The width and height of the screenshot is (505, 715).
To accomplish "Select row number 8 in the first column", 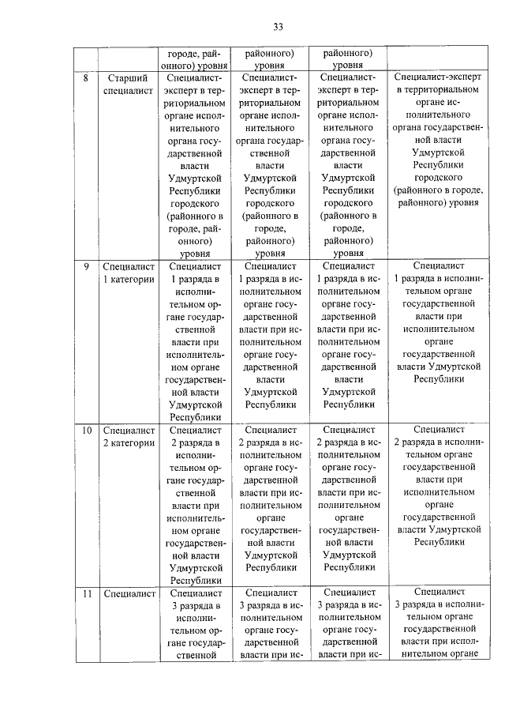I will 85,78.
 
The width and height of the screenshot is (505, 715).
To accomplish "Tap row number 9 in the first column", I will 85,266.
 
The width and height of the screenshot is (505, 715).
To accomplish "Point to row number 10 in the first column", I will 87,430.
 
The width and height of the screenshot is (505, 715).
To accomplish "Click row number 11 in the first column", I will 87,593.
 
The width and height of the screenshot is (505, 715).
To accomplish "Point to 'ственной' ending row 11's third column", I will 194,653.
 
